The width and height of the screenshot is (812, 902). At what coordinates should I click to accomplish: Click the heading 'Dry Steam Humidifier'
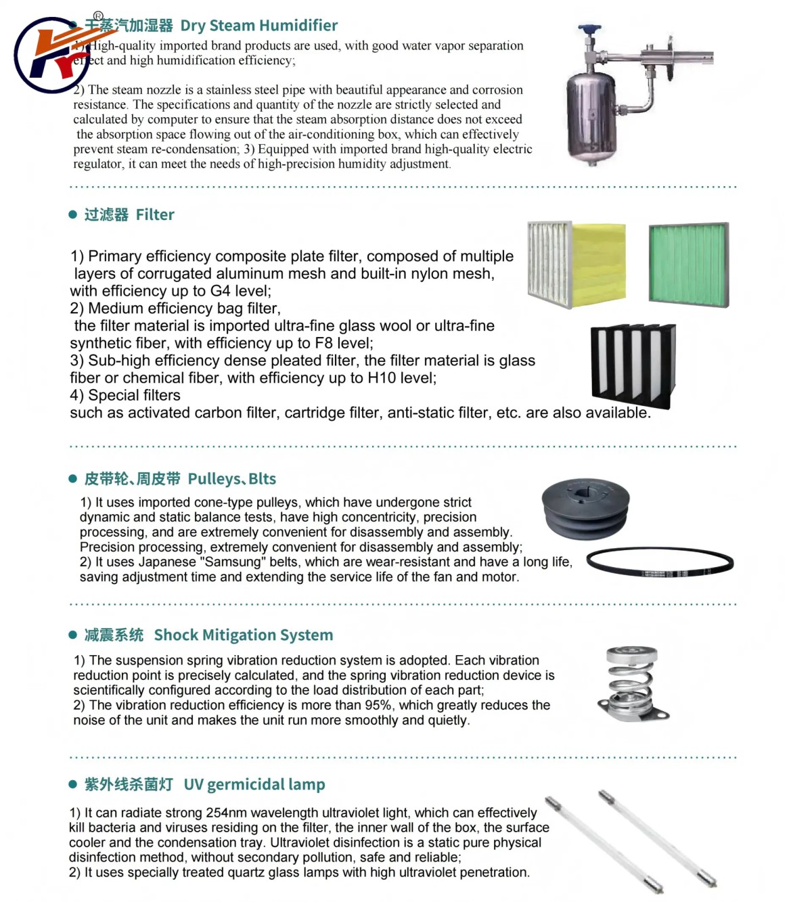(258, 26)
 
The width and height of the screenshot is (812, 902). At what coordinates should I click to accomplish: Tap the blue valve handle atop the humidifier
(589, 30)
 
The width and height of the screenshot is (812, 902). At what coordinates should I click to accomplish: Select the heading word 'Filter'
(155, 215)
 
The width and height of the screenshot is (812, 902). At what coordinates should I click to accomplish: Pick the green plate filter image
(688, 264)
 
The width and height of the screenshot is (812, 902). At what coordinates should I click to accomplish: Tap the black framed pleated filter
(633, 365)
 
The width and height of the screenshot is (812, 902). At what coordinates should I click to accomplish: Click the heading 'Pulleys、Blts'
(231, 479)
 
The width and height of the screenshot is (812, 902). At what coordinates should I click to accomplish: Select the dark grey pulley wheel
(586, 508)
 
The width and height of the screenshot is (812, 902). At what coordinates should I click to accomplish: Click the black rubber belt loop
(660, 562)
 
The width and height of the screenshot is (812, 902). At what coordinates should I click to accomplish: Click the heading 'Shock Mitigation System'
(244, 635)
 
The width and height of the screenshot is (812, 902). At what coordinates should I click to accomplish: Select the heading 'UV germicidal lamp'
(254, 785)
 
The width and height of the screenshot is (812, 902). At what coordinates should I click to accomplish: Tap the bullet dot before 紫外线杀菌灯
(73, 785)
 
